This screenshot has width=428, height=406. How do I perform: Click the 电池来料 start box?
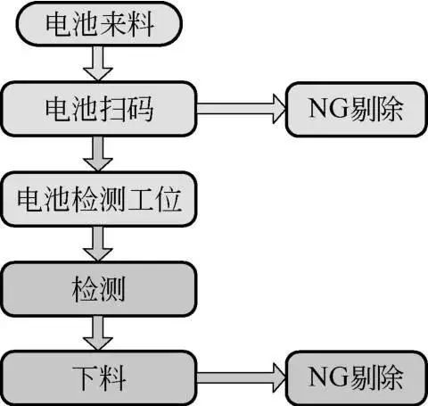[x=99, y=24]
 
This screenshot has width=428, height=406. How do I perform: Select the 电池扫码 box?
[x=99, y=109]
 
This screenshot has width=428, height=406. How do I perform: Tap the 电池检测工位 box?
[x=99, y=199]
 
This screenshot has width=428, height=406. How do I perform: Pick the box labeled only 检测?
[x=99, y=289]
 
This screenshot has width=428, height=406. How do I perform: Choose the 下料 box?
[x=99, y=378]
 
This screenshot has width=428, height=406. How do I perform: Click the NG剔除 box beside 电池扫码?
[x=356, y=110]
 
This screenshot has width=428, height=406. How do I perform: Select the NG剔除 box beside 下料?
[x=356, y=378]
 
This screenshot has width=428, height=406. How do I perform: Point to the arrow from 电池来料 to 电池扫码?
[x=98, y=63]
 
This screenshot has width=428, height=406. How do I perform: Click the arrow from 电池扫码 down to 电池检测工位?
[x=98, y=153]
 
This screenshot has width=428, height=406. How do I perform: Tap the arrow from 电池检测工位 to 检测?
[x=98, y=244]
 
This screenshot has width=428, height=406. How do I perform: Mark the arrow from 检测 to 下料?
[x=98, y=334]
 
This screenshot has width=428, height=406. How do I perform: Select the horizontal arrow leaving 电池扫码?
[x=241, y=109]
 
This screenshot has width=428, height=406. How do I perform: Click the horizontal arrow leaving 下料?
[x=241, y=378]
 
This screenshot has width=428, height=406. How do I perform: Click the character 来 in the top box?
[x=113, y=24]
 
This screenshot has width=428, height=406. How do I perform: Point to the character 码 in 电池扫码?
[x=140, y=109]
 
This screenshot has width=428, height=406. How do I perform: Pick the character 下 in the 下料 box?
[x=86, y=378]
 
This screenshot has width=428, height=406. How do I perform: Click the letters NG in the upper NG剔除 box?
[x=328, y=109]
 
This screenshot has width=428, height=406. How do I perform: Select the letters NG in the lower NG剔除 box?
[x=328, y=377]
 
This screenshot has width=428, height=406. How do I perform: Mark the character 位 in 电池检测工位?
[x=169, y=199]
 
